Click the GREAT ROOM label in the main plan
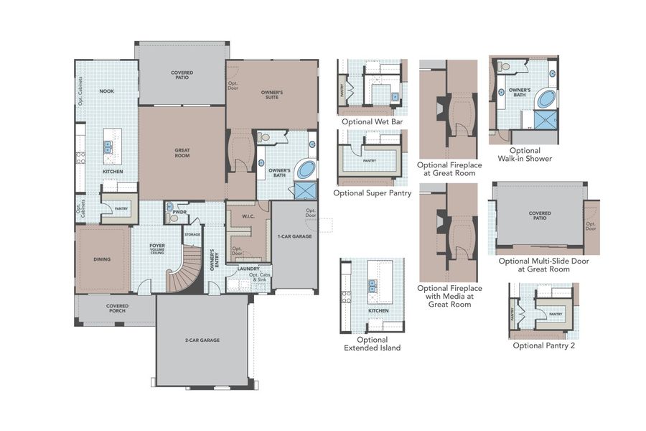(x=182, y=152)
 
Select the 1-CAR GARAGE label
(x=294, y=236)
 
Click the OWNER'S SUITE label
(x=271, y=94)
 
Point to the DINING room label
(x=102, y=259)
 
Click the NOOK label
(x=106, y=91)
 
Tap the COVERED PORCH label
(x=116, y=308)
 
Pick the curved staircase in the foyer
(x=186, y=269)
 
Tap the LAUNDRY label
(x=248, y=269)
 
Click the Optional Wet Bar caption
(x=373, y=122)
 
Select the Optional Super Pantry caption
(x=372, y=193)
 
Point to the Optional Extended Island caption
(x=372, y=343)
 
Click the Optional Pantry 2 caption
(x=544, y=346)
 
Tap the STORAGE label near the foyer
(x=192, y=234)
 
